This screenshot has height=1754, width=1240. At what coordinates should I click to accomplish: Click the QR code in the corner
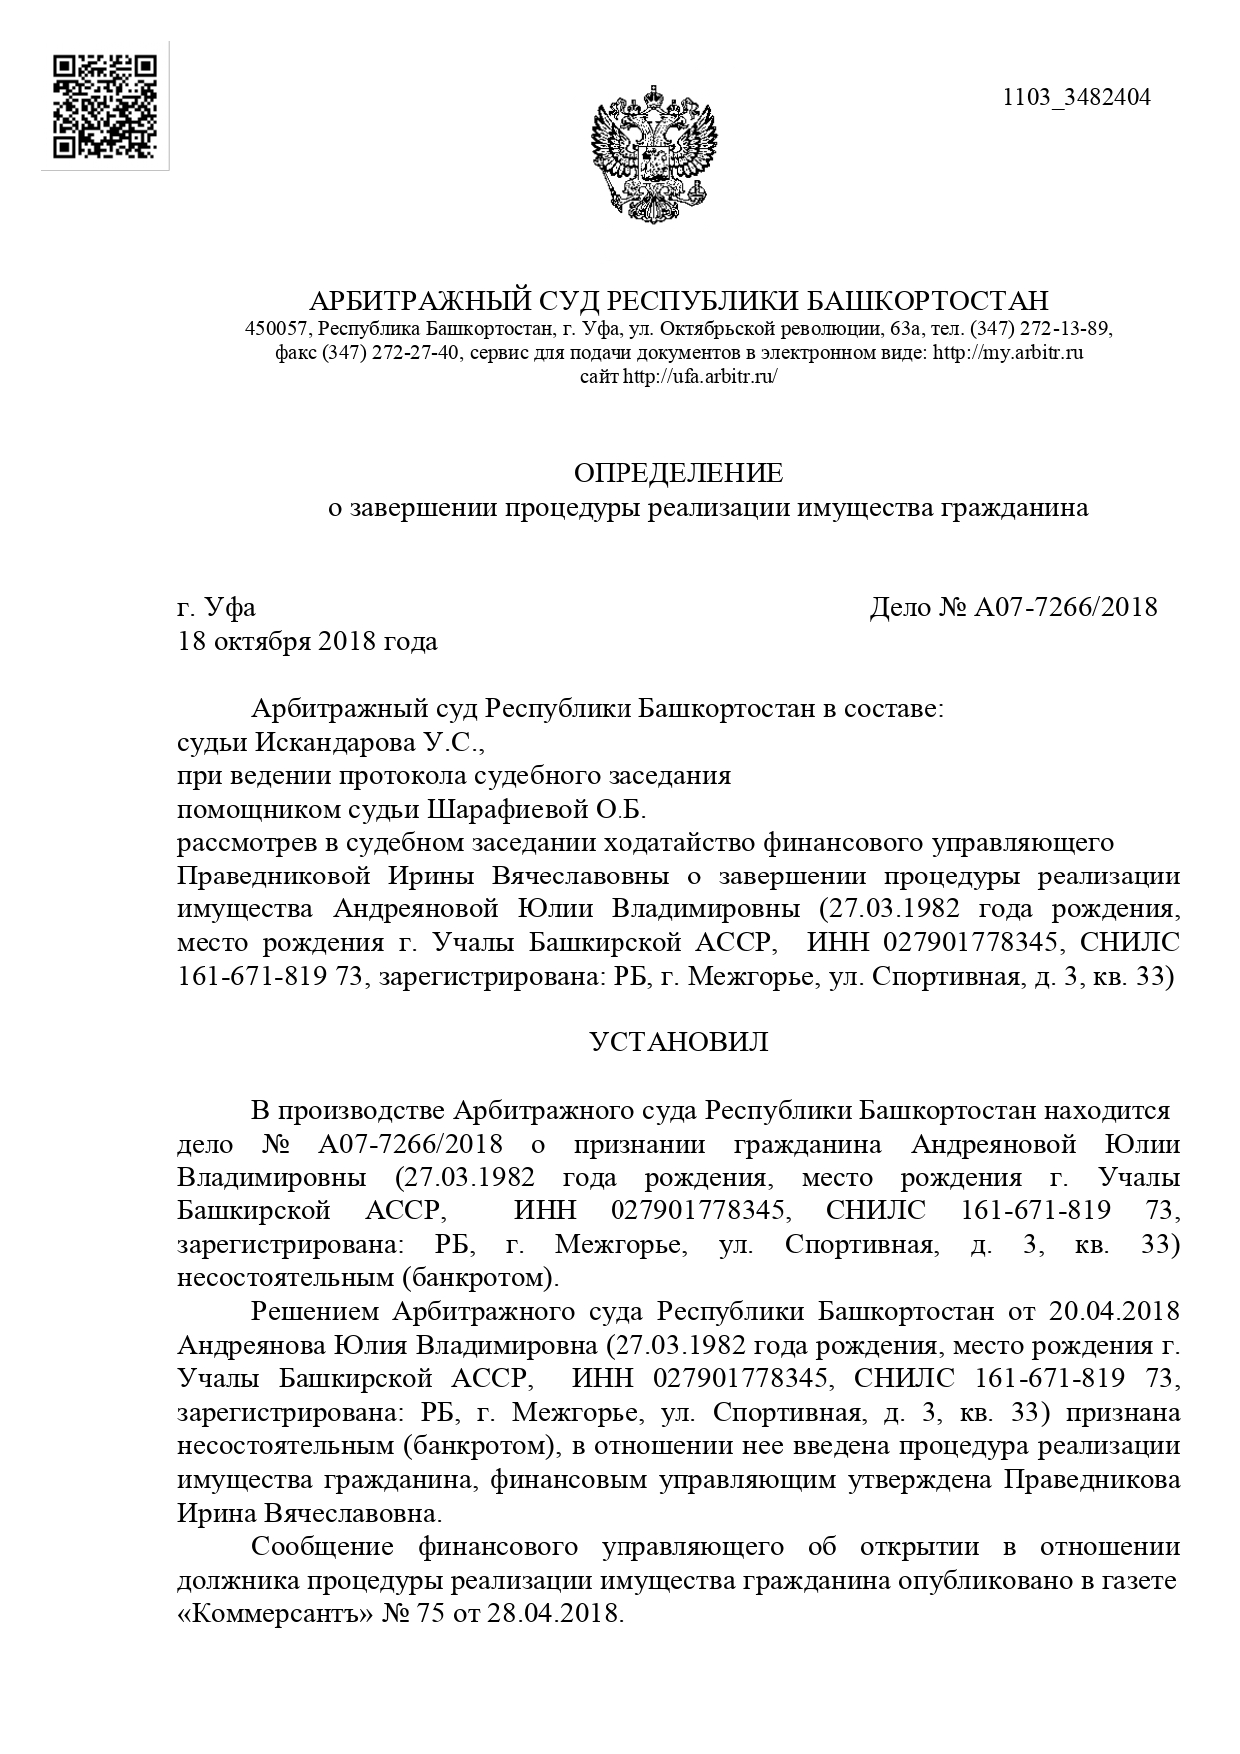point(105,107)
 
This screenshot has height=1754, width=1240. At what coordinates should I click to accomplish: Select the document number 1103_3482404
point(1076,97)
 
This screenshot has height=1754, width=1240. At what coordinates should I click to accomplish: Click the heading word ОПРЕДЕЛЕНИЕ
point(678,473)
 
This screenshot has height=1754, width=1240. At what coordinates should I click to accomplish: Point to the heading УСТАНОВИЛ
point(678,1042)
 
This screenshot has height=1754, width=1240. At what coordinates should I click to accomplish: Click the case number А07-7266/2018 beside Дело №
point(1065,607)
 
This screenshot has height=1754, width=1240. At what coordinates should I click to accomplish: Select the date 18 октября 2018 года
point(308,641)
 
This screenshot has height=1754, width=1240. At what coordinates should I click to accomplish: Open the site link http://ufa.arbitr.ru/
point(700,377)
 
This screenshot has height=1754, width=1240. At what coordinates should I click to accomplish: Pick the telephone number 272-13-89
point(1058,329)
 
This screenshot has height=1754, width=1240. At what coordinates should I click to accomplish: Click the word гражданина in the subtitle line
point(1014,509)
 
